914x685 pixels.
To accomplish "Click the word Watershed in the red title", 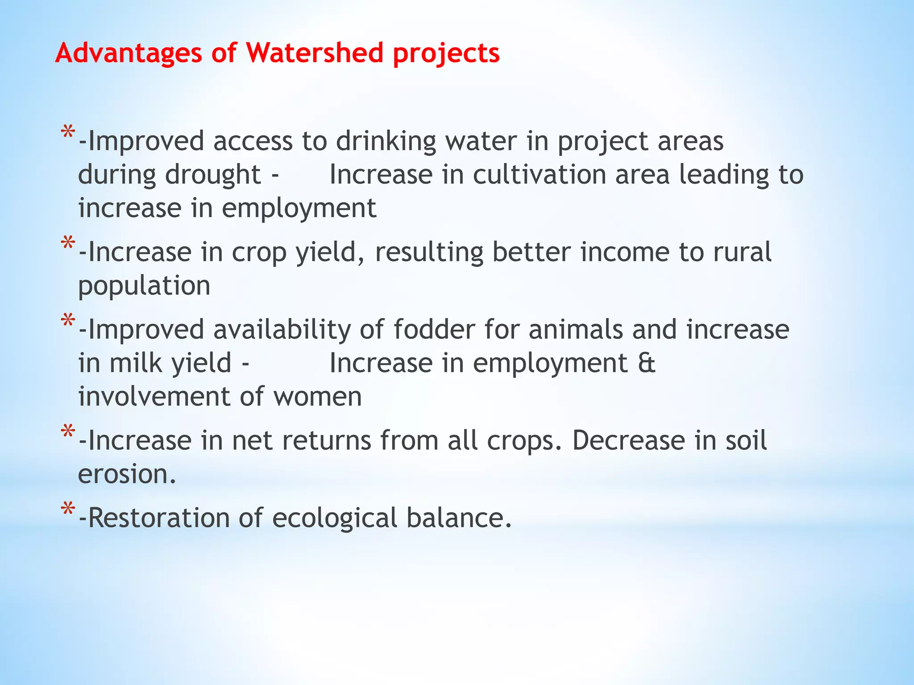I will [314, 53].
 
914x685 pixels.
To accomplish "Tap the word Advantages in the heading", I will [129, 53].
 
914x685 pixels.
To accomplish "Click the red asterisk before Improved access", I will [68, 132].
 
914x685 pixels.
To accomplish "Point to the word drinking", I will [386, 142].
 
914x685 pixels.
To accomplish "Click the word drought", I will [213, 175].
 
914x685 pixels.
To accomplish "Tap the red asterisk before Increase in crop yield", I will [68, 243].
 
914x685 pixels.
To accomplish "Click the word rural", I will [742, 252].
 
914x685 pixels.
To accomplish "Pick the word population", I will [144, 286].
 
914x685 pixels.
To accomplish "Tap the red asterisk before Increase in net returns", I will [68, 432].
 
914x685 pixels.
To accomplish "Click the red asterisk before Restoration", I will [68, 509].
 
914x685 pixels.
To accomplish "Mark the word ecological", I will [335, 518].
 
